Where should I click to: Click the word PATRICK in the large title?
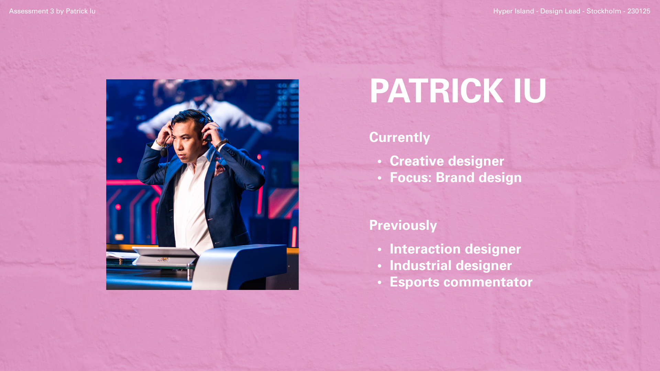click(x=436, y=91)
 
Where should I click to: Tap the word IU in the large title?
click(x=530, y=91)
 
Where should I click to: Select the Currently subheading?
click(x=399, y=138)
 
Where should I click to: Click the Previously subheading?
click(x=403, y=225)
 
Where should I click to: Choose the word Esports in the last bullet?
click(x=415, y=282)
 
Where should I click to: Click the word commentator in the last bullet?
click(x=488, y=282)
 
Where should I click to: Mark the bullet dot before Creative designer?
click(x=379, y=162)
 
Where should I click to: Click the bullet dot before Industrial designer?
click(x=379, y=266)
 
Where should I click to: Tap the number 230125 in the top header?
click(x=639, y=11)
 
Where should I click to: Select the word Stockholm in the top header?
click(x=604, y=11)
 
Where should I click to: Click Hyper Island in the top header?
click(x=514, y=11)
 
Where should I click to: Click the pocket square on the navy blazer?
click(x=220, y=169)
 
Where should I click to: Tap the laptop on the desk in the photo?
click(x=165, y=256)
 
